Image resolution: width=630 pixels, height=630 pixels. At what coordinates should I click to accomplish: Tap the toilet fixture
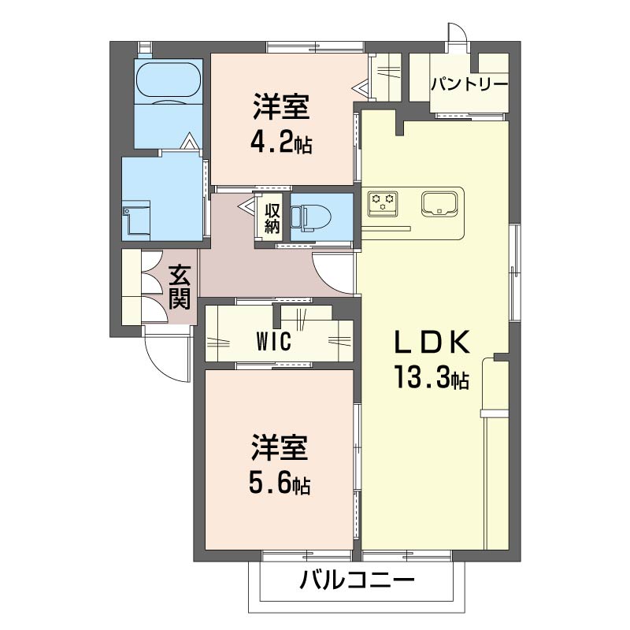coord(310,217)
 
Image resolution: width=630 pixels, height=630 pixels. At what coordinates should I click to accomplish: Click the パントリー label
coord(469,84)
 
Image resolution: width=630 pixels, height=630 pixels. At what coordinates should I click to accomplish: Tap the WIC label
coord(273,342)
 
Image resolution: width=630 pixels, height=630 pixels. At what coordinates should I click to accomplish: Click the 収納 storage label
coord(272,219)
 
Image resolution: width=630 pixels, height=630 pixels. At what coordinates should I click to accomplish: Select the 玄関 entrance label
coord(180,287)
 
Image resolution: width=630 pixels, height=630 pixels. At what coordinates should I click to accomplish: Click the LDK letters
coord(432,342)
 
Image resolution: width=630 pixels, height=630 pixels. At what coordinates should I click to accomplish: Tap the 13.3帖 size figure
coord(432,377)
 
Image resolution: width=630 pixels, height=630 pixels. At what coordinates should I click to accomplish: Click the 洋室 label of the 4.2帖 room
coord(281,106)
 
